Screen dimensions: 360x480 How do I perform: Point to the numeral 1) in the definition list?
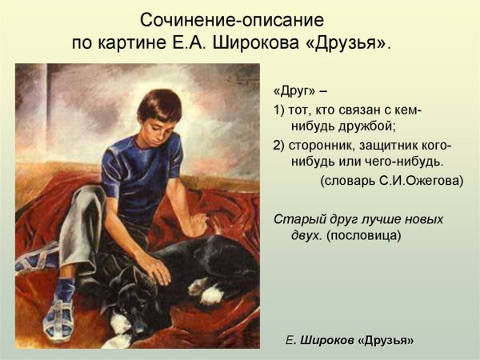click(279, 110)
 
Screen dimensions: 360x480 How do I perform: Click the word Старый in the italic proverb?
click(296, 218)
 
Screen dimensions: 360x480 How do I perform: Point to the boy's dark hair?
click(160, 100)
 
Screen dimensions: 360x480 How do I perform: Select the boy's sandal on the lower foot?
click(60, 316)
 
